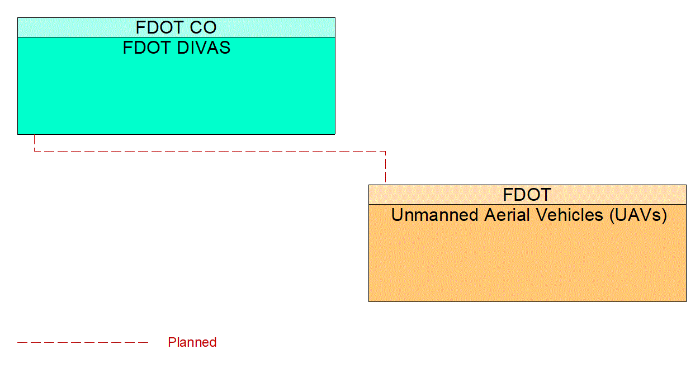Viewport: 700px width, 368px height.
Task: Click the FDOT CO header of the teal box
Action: tap(176, 27)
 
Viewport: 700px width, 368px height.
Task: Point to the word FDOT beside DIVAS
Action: tap(146, 48)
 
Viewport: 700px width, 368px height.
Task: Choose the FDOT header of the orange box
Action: tap(527, 195)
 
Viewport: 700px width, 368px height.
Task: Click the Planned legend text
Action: tap(192, 342)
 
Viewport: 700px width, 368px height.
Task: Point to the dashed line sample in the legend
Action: tap(83, 342)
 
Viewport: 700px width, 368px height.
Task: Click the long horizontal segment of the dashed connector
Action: tap(210, 151)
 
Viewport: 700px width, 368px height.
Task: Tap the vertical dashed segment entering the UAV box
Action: tap(385, 168)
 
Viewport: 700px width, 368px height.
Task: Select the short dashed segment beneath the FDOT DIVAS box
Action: tap(35, 143)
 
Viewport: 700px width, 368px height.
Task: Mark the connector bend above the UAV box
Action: tap(385, 151)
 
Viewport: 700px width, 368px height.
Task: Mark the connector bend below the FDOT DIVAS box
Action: tap(35, 151)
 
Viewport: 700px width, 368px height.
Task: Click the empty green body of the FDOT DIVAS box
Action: tap(176, 95)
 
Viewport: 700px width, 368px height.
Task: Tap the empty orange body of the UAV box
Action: tap(527, 263)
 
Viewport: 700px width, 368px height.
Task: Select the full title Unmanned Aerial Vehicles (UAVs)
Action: tap(529, 215)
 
